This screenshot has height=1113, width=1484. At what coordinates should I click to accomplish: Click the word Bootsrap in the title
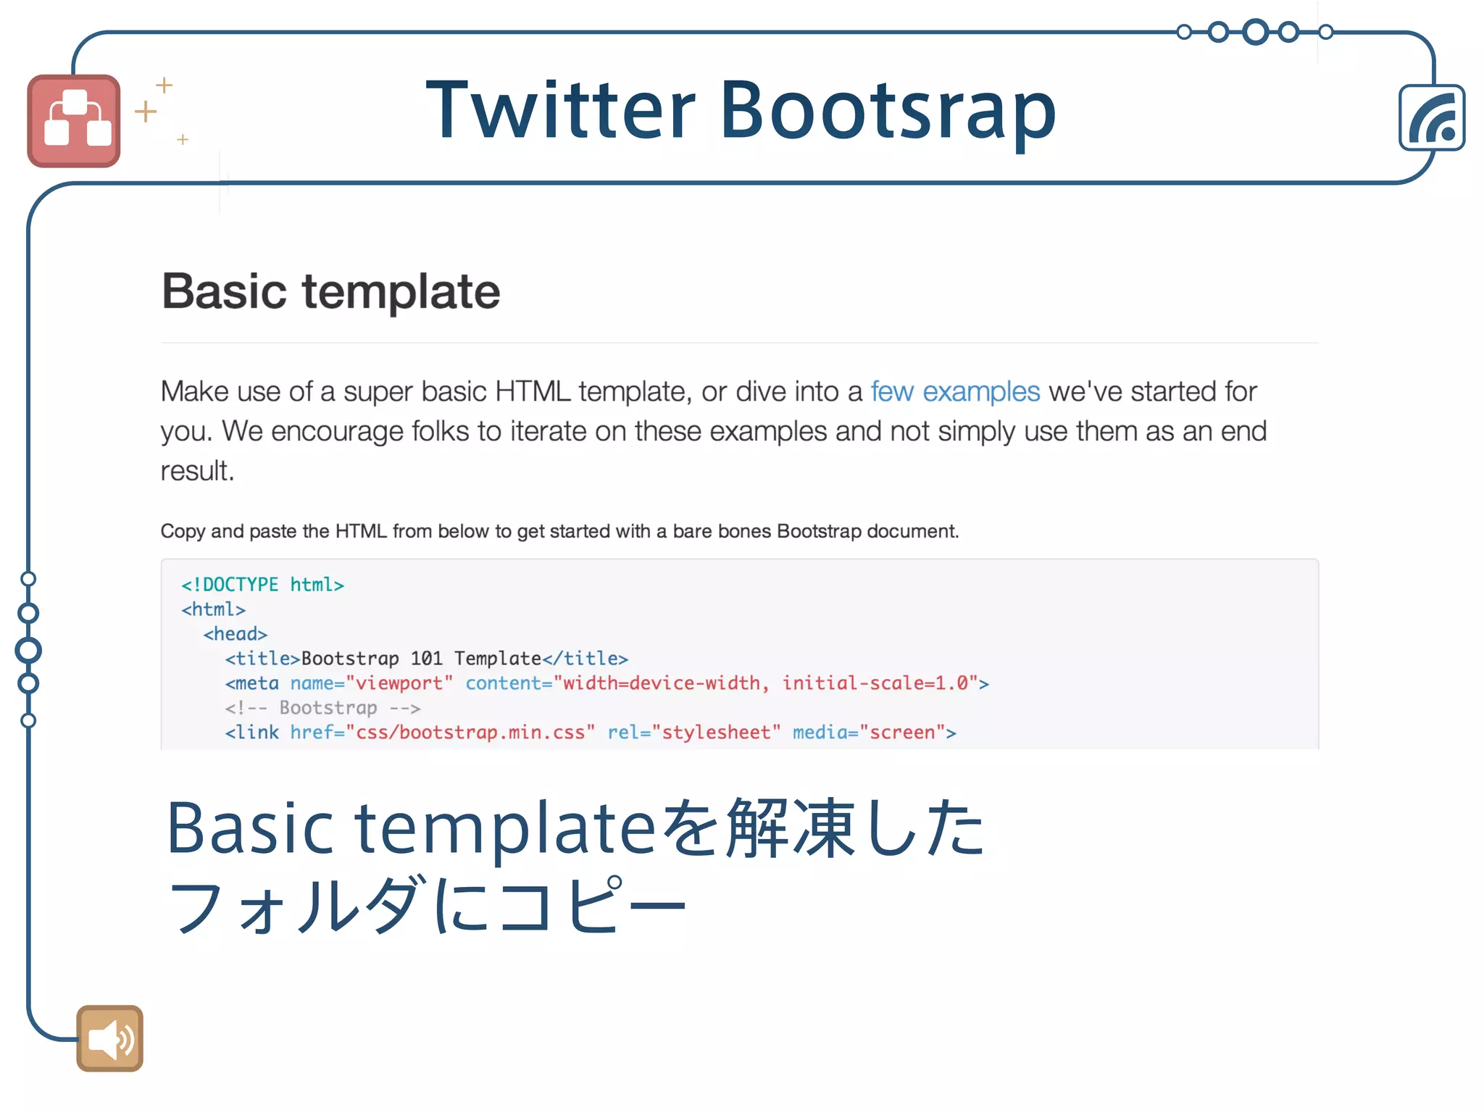pos(888,110)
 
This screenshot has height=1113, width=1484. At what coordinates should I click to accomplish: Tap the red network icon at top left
pos(74,121)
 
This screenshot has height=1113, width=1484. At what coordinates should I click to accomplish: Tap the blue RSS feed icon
pos(1432,118)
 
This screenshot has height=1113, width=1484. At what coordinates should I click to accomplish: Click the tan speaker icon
pos(109,1038)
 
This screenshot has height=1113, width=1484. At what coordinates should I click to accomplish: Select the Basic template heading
pos(330,291)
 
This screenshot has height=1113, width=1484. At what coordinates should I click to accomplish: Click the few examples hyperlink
pos(954,391)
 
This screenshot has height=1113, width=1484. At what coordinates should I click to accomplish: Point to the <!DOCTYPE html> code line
pos(262,585)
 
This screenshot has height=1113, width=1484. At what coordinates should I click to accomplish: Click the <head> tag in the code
pos(235,634)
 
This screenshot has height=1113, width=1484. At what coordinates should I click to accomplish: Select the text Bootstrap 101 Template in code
pos(421,659)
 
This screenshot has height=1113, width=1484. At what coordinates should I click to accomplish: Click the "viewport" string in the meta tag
pos(399,683)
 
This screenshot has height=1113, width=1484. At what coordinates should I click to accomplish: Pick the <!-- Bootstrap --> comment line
pos(322,708)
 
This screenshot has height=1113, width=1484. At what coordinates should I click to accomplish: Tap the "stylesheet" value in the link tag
pos(716,733)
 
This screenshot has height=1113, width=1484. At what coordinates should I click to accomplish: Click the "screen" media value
pos(902,733)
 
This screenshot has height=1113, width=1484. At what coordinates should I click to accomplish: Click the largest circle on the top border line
pos(1255,32)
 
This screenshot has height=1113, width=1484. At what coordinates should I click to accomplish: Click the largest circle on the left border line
pos(28,650)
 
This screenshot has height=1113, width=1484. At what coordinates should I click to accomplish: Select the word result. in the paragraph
pos(197,471)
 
